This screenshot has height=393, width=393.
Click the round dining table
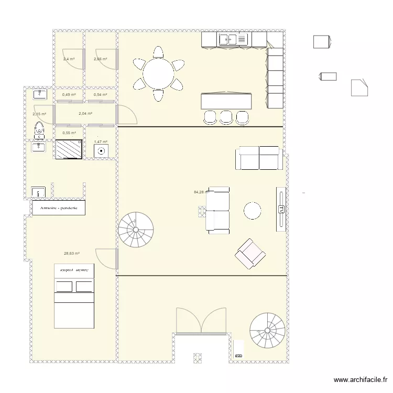(x=158, y=74)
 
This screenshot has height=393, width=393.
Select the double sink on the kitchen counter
(x=228, y=39)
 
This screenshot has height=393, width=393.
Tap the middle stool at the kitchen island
(x=226, y=117)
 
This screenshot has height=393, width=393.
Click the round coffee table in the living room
(x=253, y=211)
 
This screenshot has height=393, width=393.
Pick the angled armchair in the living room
(x=250, y=254)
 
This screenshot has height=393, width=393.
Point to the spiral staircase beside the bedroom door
(x=136, y=230)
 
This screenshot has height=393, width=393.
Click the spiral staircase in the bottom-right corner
(x=267, y=330)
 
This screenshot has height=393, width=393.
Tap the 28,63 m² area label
(x=72, y=254)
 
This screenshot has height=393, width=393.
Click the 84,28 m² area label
(x=200, y=192)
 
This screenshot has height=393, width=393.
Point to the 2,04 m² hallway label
(x=85, y=113)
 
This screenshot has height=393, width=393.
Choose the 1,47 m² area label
(x=101, y=141)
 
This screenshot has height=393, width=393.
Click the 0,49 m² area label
(x=69, y=95)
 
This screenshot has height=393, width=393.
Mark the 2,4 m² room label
(x=69, y=59)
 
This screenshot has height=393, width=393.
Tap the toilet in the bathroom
(x=38, y=129)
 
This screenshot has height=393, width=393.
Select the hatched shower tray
(x=69, y=149)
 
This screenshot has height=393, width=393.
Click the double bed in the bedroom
(x=74, y=296)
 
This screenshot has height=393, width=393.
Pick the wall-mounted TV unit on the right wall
(x=281, y=209)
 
